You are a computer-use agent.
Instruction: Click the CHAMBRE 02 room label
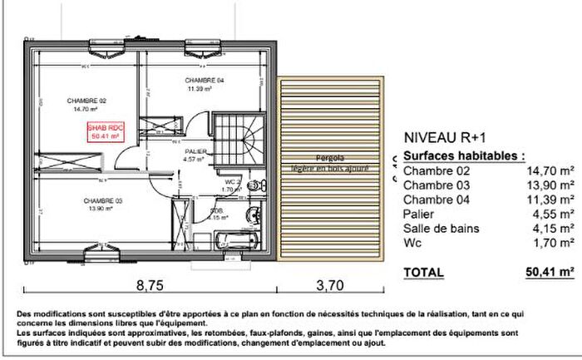[86, 99]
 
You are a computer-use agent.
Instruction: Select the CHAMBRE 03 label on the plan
[103, 200]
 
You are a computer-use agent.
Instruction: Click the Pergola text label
[330, 157]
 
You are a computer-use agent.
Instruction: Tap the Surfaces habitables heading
[464, 155]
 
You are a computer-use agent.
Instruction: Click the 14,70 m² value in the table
[550, 172]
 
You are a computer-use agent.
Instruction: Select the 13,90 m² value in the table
[550, 186]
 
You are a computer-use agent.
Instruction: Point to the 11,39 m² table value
[550, 200]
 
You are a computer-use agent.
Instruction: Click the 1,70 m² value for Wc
[553, 243]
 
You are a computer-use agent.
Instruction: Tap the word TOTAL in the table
[423, 272]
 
